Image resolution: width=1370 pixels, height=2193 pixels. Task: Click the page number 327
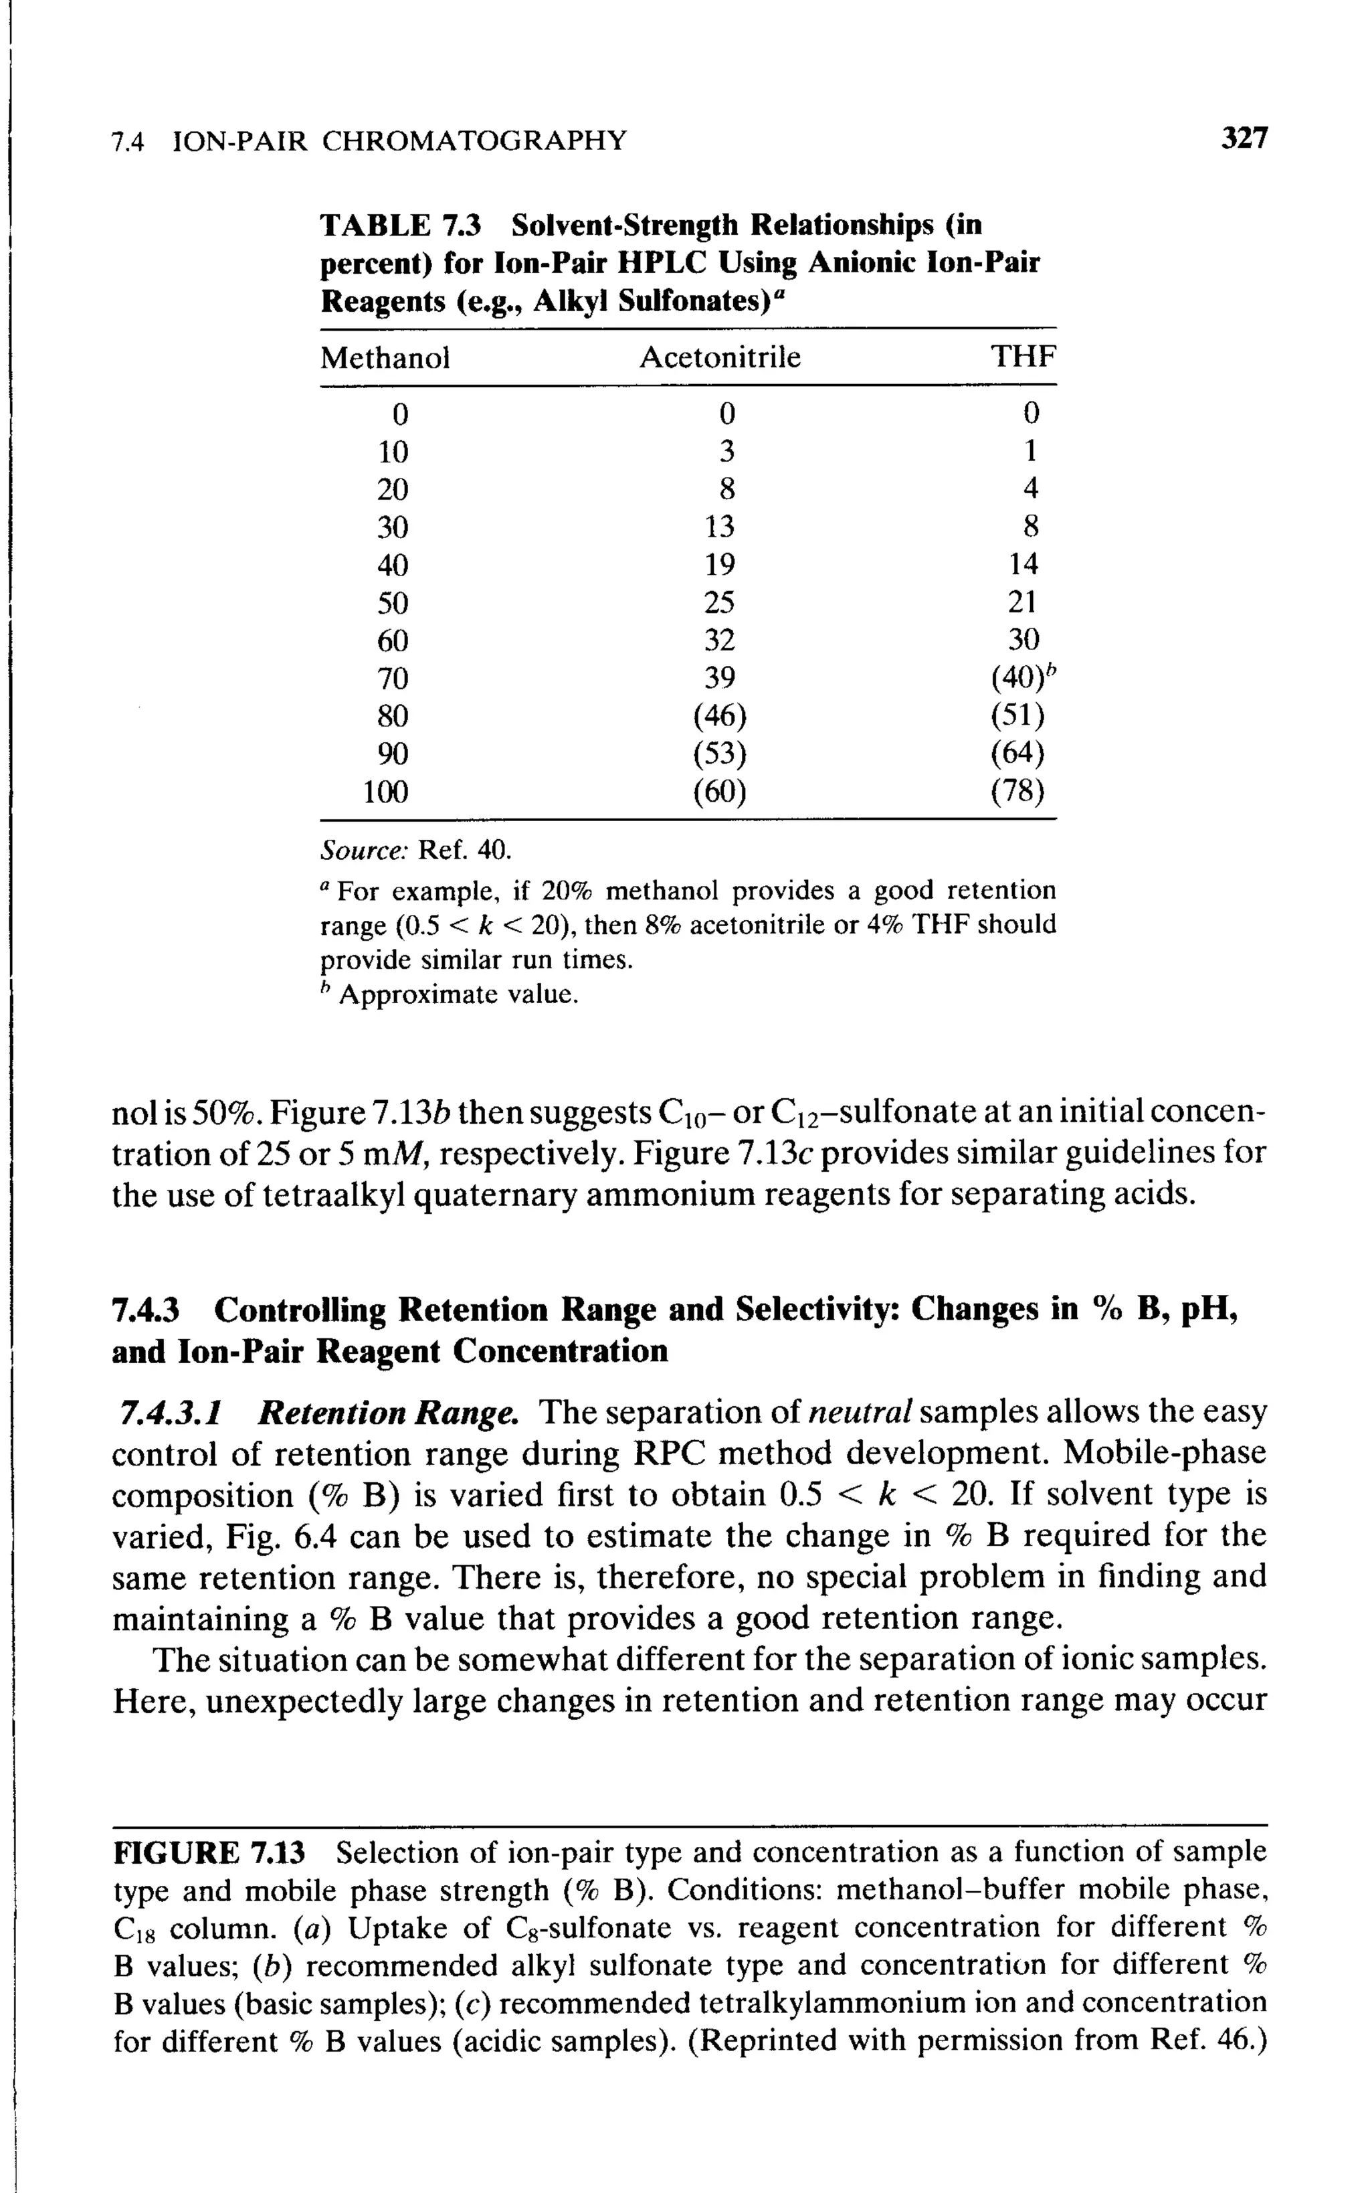[1244, 139]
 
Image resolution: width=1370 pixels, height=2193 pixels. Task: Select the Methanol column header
[385, 358]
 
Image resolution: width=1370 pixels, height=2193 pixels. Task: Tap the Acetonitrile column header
[720, 358]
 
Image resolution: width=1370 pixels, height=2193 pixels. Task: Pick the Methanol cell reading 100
[385, 792]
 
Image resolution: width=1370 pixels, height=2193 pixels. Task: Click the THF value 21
[1023, 602]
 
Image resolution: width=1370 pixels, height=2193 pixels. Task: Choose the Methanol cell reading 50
[392, 602]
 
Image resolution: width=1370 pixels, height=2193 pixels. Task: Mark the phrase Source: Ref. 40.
[416, 851]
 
